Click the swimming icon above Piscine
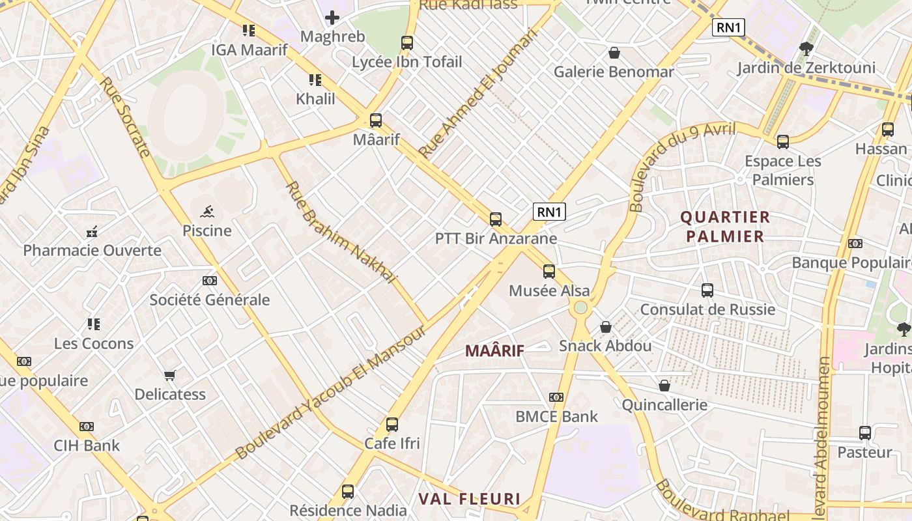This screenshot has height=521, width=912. (x=207, y=212)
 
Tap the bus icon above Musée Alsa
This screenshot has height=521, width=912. (x=549, y=272)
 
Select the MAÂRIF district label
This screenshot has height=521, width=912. (x=494, y=351)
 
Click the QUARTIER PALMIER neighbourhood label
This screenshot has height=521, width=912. (x=725, y=227)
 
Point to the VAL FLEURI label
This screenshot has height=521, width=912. (x=469, y=499)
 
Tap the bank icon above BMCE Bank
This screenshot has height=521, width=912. (x=556, y=397)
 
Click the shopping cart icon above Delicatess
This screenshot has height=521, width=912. (x=170, y=375)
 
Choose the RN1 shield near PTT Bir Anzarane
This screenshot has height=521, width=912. (x=549, y=212)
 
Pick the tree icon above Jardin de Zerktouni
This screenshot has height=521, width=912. (x=806, y=48)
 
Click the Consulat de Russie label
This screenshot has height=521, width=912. (x=707, y=309)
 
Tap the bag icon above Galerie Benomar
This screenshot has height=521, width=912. (x=614, y=53)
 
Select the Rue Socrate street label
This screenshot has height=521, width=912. (x=125, y=117)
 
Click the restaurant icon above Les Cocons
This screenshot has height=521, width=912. (x=94, y=324)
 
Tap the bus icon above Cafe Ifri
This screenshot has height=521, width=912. (x=392, y=425)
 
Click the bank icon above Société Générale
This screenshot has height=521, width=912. (x=209, y=281)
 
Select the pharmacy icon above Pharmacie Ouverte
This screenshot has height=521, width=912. (x=92, y=231)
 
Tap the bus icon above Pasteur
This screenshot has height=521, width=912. (x=864, y=433)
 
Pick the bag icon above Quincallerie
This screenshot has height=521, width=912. (x=664, y=386)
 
